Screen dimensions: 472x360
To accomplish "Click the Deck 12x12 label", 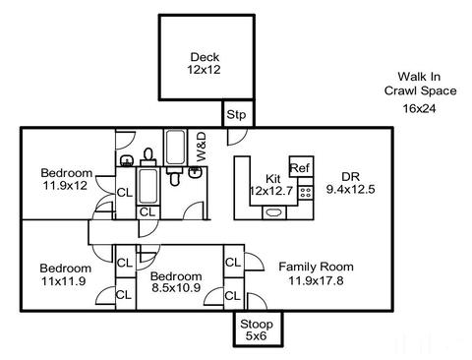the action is (x=205, y=63).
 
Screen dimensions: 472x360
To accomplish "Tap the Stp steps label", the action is (x=236, y=115).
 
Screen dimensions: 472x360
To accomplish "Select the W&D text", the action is (x=202, y=147).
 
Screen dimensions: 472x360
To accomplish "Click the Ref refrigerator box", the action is (x=301, y=166).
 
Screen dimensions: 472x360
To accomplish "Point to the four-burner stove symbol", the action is (x=306, y=192).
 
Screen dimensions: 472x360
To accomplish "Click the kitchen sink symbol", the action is (x=274, y=212).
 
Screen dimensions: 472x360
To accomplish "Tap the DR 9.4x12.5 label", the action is (x=350, y=183).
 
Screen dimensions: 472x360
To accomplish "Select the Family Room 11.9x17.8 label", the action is (x=316, y=273).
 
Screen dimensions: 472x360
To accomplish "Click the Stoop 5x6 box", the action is (x=258, y=329).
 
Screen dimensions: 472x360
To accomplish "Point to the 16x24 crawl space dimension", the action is (x=420, y=108).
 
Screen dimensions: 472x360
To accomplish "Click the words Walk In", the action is (x=419, y=77).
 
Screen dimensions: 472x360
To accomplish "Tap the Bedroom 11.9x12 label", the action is (x=67, y=179).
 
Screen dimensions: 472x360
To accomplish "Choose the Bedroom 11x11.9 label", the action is (x=65, y=274).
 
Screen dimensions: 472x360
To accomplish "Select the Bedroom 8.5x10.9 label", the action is (x=176, y=281).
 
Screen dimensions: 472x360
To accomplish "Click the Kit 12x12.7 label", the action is (x=271, y=185).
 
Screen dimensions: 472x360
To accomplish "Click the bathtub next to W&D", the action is (x=176, y=148).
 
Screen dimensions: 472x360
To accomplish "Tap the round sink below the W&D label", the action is (x=196, y=172).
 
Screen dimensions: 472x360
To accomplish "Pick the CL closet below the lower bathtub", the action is (x=147, y=212).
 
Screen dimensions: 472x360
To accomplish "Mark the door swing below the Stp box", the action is (x=237, y=137).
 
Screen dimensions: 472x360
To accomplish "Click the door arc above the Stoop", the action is (x=257, y=301).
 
